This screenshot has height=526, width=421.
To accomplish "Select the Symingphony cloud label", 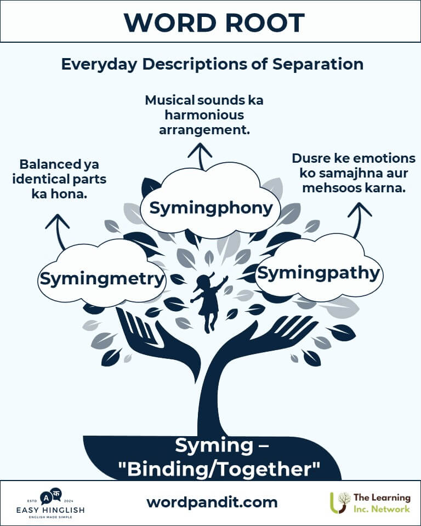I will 211,208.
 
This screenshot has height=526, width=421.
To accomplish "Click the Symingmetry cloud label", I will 103,279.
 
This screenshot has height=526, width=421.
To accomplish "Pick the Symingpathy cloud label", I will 318,273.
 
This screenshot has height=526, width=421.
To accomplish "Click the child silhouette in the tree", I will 209,302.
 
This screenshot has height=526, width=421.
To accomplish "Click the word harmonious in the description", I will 202,116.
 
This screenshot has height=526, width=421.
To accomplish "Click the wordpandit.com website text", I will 212,502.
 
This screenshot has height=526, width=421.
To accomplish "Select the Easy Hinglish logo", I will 50,502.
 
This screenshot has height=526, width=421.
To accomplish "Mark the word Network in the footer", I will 390,509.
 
